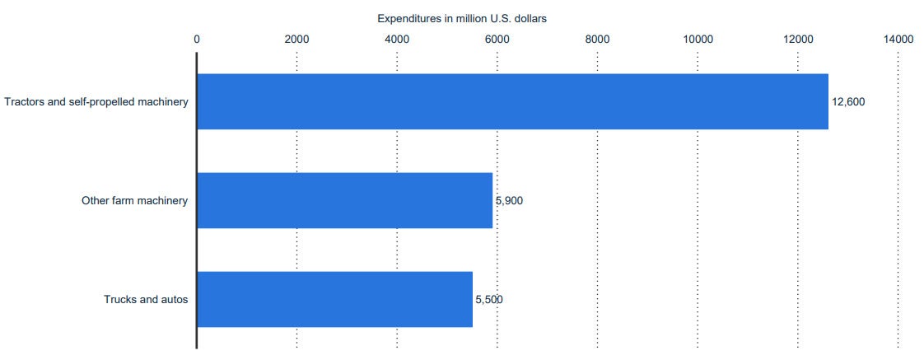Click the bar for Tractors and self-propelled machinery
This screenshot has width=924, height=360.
512,101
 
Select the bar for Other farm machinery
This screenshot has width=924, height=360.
344,200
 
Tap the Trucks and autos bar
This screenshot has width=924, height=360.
334,299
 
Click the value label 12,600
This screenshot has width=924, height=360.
849,101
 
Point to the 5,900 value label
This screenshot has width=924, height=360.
510,200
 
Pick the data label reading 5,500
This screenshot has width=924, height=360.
489,299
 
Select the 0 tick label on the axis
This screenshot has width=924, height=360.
197,39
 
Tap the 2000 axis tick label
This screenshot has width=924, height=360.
296,39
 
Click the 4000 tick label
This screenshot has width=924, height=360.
397,39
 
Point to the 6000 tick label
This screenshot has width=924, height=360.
497,39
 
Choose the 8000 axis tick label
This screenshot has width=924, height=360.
597,39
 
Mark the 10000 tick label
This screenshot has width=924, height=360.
698,39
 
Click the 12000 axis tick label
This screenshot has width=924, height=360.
798,39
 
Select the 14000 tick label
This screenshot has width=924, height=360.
898,39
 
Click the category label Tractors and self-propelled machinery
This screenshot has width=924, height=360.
96,102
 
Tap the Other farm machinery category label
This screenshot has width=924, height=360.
135,200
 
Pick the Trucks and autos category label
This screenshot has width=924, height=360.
146,299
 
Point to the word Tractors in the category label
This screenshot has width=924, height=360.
22,102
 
